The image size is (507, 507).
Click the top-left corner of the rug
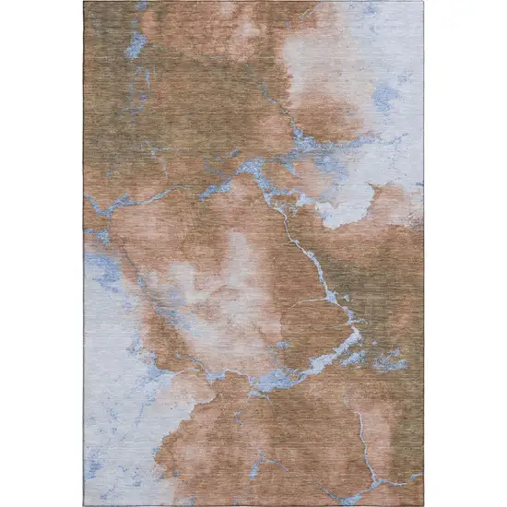click(85, 3)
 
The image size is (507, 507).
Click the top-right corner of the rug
click(423, 3)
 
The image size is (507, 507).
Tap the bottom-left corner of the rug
click(85, 504)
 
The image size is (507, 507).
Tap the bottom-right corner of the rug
click(423, 504)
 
